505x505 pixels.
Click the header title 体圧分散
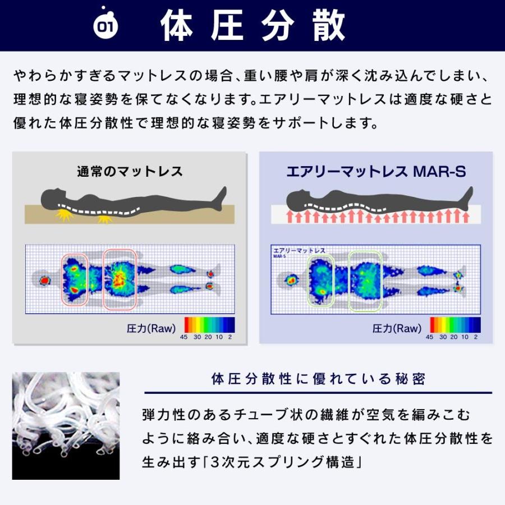click(x=252, y=25)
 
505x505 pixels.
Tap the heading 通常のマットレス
click(x=130, y=171)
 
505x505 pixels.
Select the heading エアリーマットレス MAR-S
click(x=376, y=171)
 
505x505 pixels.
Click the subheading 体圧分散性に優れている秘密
click(x=318, y=379)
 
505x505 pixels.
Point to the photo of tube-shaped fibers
click(x=66, y=426)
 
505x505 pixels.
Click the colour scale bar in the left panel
click(x=209, y=325)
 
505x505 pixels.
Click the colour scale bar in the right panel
click(x=455, y=325)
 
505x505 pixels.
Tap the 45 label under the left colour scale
click(x=183, y=337)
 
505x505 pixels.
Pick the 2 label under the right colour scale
click(x=476, y=337)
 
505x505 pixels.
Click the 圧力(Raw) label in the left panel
click(x=151, y=328)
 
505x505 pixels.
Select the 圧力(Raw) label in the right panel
click(x=397, y=328)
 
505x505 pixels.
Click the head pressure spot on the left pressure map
click(x=45, y=281)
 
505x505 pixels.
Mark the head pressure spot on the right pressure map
click(x=292, y=280)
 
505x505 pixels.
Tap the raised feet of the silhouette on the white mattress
click(x=467, y=196)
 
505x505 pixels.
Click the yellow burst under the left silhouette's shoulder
click(x=65, y=215)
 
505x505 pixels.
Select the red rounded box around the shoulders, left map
click(x=62, y=279)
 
